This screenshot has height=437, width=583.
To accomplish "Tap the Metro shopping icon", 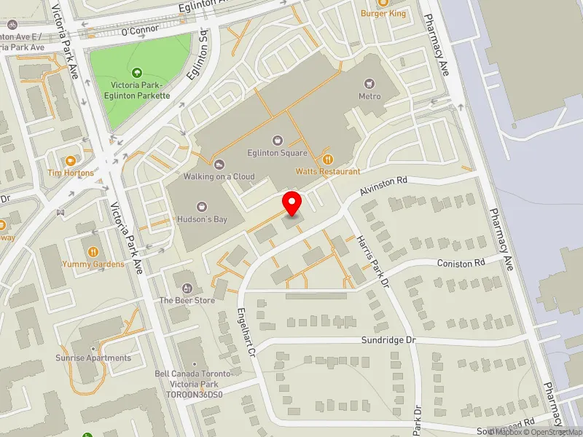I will (x=369, y=84).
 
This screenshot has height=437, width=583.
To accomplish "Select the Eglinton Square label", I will (x=277, y=153).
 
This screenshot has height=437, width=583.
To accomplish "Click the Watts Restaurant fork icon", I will (x=327, y=159).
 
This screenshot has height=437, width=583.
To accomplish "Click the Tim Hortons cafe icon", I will (x=71, y=160).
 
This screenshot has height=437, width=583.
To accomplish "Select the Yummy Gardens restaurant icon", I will (x=93, y=251).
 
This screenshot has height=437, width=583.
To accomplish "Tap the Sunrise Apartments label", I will (x=94, y=358).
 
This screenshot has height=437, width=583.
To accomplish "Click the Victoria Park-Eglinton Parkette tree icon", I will (x=137, y=72).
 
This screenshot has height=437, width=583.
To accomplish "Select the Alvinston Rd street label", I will (x=384, y=186).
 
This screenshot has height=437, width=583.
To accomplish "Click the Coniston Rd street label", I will (x=461, y=263).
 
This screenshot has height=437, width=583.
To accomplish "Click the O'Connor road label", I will (x=140, y=31).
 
